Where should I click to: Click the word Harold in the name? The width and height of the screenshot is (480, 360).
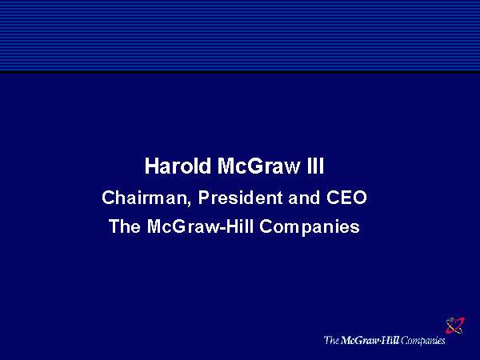tap(178, 166)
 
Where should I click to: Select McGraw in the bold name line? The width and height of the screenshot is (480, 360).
tap(259, 166)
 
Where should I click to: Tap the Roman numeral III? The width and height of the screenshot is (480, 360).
tap(315, 166)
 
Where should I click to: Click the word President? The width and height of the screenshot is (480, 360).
tap(240, 198)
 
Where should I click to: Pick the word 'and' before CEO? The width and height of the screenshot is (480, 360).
tap(304, 198)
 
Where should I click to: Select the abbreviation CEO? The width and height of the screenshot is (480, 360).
tap(346, 198)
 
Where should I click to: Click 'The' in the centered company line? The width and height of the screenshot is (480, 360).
tap(125, 226)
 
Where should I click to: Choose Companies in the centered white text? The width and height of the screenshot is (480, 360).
tap(310, 227)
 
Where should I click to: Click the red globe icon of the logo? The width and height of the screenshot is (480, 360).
tap(455, 325)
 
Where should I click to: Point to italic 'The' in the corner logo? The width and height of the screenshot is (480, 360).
tap(331, 340)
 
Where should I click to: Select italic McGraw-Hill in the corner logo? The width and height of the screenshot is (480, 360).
tap(370, 340)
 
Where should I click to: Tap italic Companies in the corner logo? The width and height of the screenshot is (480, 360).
tap(422, 341)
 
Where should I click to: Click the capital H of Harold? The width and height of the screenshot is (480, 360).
tap(151, 166)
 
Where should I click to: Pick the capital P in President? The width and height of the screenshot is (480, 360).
tap(204, 198)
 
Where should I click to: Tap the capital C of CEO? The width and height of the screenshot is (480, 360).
tap(333, 198)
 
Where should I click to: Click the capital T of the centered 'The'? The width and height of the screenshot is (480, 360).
tap(115, 226)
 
